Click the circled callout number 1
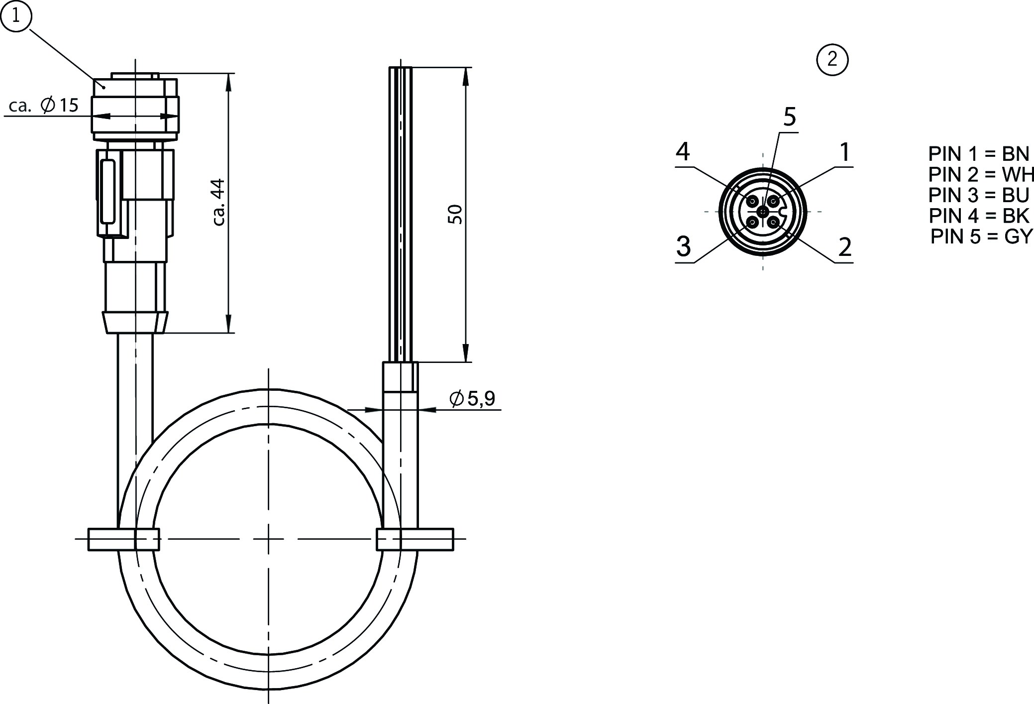click(x=16, y=16)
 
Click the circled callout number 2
click(x=832, y=60)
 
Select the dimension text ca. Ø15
click(x=44, y=105)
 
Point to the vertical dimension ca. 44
click(x=219, y=202)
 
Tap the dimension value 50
click(x=455, y=214)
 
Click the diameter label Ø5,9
click(x=472, y=398)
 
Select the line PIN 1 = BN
click(x=979, y=154)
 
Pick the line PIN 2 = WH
click(x=981, y=175)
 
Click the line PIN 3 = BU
click(x=979, y=195)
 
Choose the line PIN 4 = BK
click(x=979, y=216)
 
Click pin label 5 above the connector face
click(x=790, y=117)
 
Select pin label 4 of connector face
click(x=683, y=152)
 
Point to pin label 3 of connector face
click(x=684, y=246)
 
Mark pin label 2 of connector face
click(x=845, y=247)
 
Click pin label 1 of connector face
click(x=845, y=152)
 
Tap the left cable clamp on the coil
click(x=124, y=539)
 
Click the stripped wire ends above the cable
click(x=401, y=214)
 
